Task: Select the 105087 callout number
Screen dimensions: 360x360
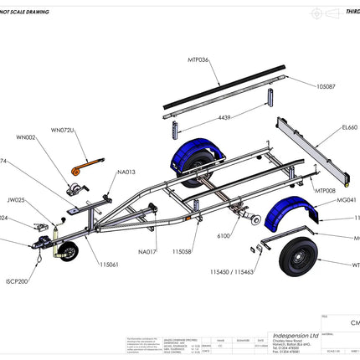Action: coord(326,86)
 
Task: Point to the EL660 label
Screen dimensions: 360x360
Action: coord(349,128)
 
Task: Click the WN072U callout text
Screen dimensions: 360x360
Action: coord(62,131)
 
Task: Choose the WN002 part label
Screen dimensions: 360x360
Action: coord(26,137)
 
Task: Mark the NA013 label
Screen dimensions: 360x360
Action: coord(126,172)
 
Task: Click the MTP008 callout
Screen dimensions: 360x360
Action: coord(325,191)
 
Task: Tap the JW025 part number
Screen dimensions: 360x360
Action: coord(17,201)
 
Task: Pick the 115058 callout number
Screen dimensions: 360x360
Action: coord(183,251)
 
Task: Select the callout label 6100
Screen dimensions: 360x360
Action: coord(224,237)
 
